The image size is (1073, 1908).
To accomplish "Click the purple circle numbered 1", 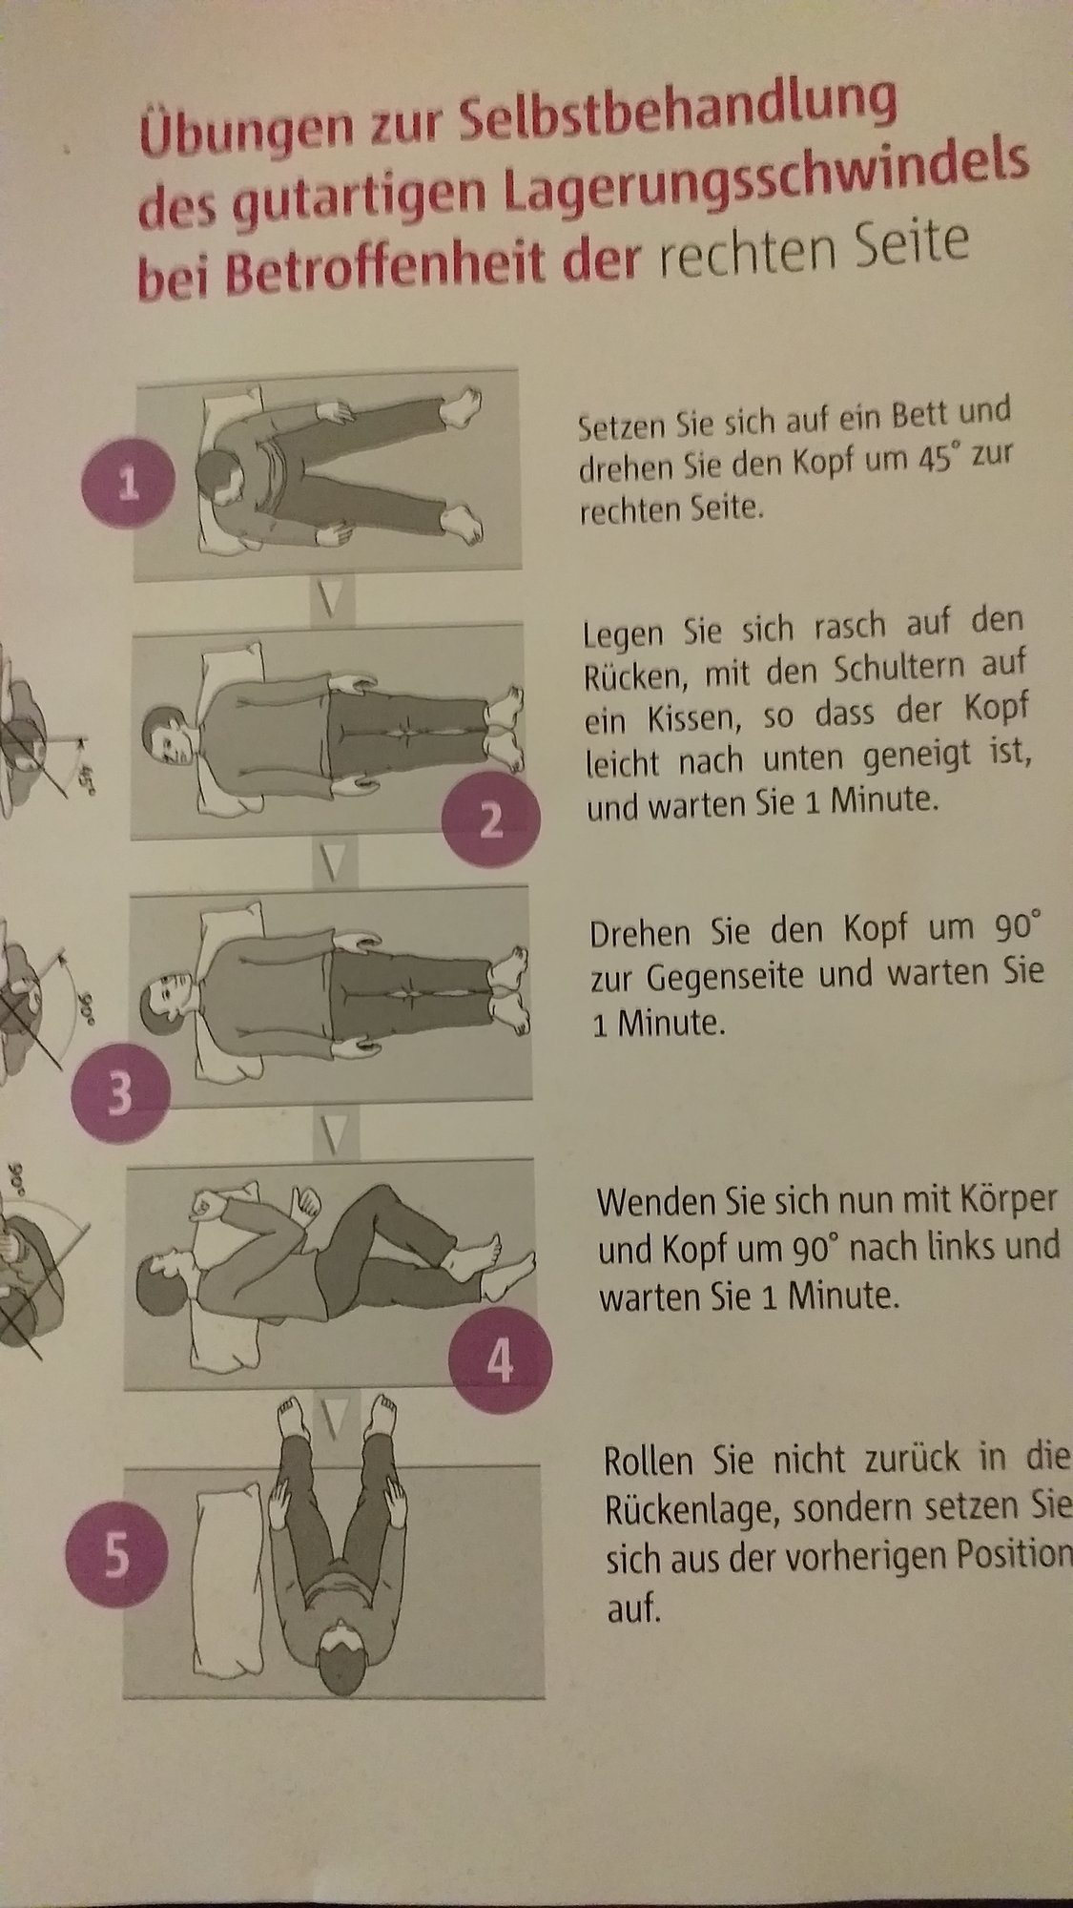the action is click(x=129, y=487).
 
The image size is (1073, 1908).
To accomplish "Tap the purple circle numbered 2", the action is click(x=491, y=819).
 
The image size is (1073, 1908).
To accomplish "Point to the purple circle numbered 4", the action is click(x=500, y=1363).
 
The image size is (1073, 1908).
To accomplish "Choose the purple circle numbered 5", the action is click(x=115, y=1557).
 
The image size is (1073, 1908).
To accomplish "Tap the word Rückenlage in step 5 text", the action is click(x=691, y=1510).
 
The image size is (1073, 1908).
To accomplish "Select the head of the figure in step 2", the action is click(x=168, y=736).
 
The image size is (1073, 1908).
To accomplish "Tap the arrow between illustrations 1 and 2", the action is click(x=330, y=600).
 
